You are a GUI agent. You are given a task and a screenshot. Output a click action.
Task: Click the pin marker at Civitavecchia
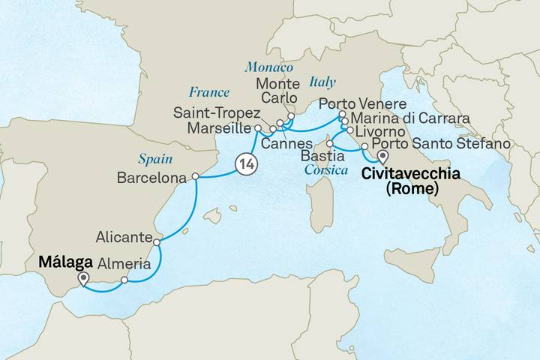(382, 156)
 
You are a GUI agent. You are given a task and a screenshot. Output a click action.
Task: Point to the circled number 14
(245, 162)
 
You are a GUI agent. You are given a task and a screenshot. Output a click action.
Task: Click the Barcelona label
(152, 178)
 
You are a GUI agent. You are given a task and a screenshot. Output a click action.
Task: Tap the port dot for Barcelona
(195, 177)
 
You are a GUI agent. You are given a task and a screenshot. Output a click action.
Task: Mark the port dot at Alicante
(156, 242)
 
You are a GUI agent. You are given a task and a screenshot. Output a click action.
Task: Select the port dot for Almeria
(124, 280)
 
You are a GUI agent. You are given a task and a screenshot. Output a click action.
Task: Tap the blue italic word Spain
(156, 159)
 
